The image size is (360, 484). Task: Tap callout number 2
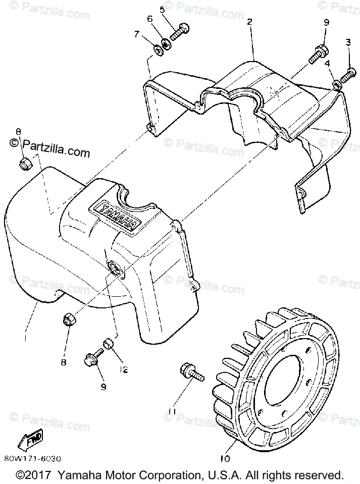pyautogui.click(x=249, y=22)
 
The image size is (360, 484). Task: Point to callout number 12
pyautogui.click(x=123, y=369)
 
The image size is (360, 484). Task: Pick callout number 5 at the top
pyautogui.click(x=162, y=9)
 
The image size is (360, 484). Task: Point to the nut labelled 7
pyautogui.click(x=157, y=49)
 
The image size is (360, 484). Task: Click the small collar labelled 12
pyautogui.click(x=108, y=345)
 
